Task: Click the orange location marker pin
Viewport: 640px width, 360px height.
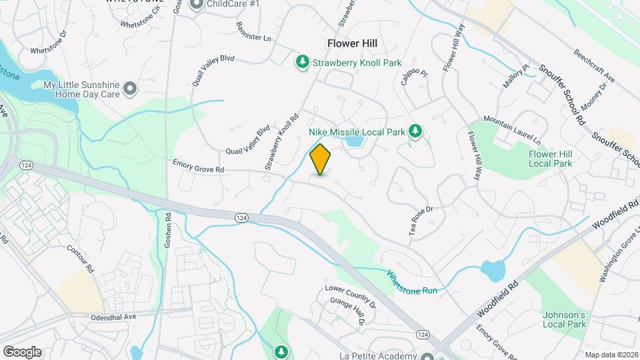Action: click(321, 159)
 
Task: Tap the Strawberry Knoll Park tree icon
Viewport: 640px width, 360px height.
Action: click(303, 62)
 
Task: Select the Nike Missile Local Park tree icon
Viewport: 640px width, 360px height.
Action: click(415, 131)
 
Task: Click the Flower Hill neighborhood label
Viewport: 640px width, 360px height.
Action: click(352, 43)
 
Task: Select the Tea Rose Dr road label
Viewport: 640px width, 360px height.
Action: click(421, 219)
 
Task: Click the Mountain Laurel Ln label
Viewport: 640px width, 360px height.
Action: click(511, 129)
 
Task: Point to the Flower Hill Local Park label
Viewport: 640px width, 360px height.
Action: click(550, 158)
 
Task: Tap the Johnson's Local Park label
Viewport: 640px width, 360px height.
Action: click(564, 319)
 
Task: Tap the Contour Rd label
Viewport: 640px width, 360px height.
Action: click(81, 258)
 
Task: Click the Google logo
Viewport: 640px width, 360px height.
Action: click(22, 351)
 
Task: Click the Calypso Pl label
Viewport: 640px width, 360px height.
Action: click(413, 76)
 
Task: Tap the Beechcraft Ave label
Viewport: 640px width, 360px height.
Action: click(594, 65)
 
